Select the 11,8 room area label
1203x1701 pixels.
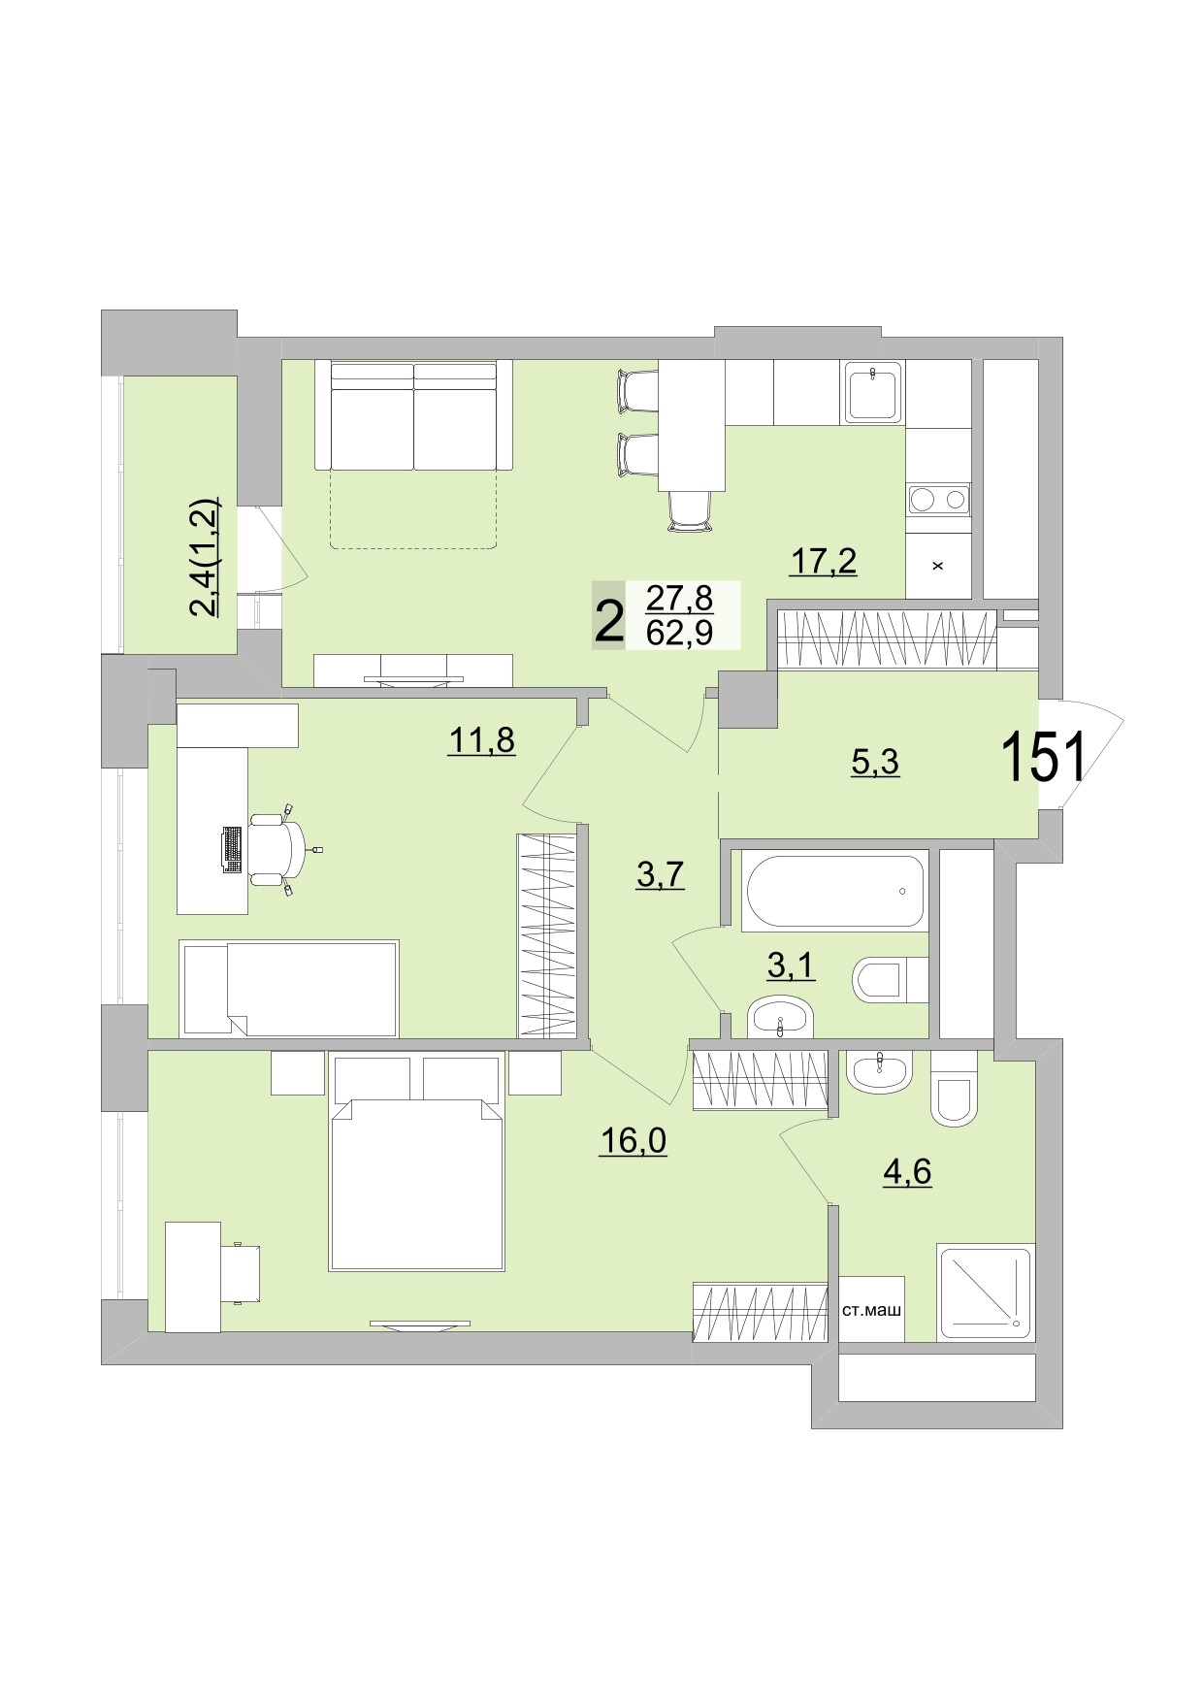coord(481,740)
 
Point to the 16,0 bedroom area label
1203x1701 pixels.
coord(633,1140)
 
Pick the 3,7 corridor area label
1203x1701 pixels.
coord(661,875)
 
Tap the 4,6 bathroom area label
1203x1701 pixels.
coord(906,1171)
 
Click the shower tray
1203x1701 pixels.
coord(985,1292)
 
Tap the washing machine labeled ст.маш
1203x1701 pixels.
coord(871,1309)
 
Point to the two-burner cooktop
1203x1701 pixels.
coord(937,500)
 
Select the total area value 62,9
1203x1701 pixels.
coord(679,632)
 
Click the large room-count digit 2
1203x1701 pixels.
coord(608,622)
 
